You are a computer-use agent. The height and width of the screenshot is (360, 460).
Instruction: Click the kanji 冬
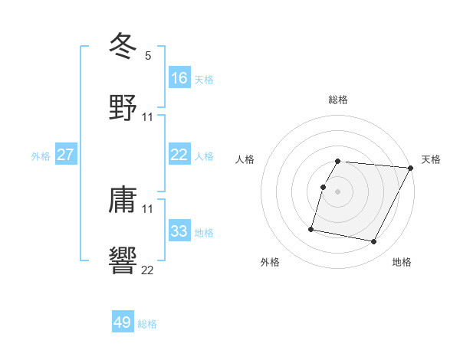(x=123, y=46)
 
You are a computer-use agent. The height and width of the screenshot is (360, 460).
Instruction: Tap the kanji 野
(x=123, y=107)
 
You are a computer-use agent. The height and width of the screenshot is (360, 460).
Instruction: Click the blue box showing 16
(x=179, y=77)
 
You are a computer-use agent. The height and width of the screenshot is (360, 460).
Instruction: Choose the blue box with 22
(x=179, y=155)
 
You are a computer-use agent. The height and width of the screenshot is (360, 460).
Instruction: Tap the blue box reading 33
(x=179, y=231)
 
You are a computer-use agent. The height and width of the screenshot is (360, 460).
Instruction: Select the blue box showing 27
(x=66, y=155)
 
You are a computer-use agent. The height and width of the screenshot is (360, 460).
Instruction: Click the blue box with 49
(x=123, y=322)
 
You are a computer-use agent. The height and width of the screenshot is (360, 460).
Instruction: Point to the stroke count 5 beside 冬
(x=148, y=55)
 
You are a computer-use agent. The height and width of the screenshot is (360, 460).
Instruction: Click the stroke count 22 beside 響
(x=148, y=270)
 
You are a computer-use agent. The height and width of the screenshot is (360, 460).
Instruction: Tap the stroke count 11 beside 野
(x=148, y=116)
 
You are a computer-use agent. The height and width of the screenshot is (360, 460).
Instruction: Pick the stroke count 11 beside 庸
(x=148, y=208)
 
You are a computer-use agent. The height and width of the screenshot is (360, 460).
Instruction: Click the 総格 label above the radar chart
(x=338, y=100)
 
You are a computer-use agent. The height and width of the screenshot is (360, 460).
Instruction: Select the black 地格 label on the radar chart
(x=402, y=263)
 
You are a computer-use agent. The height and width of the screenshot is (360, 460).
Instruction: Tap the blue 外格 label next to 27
(x=41, y=155)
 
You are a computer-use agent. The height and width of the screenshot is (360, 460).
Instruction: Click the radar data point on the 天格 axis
(x=411, y=168)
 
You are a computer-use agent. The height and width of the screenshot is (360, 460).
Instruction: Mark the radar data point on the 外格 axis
(x=311, y=228)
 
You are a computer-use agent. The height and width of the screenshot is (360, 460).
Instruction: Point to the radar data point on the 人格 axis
(x=323, y=186)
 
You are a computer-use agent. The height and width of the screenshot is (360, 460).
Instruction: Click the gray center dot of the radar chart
(x=338, y=191)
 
